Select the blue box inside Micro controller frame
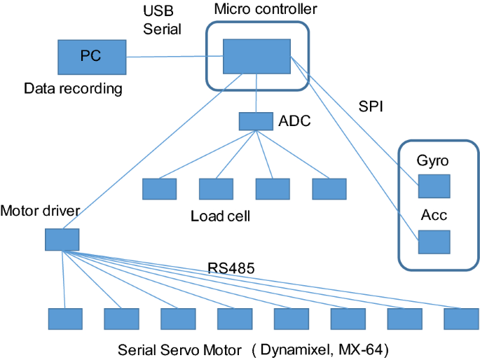click(x=256, y=56)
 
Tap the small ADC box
click(x=256, y=121)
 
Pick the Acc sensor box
click(x=434, y=242)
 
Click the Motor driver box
click(x=62, y=240)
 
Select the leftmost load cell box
click(x=160, y=189)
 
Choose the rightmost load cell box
click(x=329, y=189)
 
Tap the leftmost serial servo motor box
click(x=65, y=319)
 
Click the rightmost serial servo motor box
click(x=461, y=319)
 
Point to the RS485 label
click(x=228, y=267)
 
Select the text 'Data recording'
click(x=73, y=89)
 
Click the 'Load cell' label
click(x=220, y=216)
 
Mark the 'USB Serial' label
click(x=161, y=21)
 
